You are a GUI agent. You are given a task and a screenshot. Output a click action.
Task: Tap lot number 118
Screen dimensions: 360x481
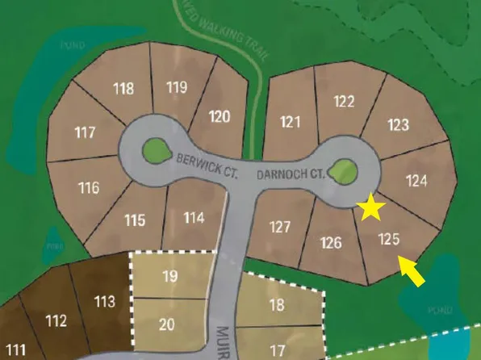(x=123, y=89)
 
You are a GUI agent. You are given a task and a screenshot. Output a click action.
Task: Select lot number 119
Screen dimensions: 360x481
(x=177, y=86)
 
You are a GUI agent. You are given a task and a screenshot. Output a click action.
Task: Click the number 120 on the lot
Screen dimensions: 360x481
(x=220, y=116)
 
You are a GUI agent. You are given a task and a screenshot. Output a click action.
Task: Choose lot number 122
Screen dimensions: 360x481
(x=344, y=101)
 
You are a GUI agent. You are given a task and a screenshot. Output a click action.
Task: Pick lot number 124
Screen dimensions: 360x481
(x=416, y=181)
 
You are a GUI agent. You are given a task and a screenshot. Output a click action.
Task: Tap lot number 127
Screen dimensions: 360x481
(x=279, y=227)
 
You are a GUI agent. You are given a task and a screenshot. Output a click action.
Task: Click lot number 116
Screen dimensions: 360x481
(x=89, y=188)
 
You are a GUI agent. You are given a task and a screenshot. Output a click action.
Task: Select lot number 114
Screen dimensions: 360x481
(x=194, y=217)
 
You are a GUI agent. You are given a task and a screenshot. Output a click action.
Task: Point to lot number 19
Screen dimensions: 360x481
(x=169, y=276)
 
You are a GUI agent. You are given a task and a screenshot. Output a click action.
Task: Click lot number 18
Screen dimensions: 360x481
(x=277, y=305)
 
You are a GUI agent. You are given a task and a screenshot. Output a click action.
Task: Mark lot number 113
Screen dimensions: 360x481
(x=105, y=302)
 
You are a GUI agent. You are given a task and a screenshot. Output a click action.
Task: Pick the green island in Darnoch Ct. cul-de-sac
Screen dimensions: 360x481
(x=344, y=169)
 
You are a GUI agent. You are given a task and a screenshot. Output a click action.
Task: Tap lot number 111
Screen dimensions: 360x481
(x=15, y=350)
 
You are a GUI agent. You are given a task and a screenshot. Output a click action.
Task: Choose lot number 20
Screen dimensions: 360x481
(x=167, y=324)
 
